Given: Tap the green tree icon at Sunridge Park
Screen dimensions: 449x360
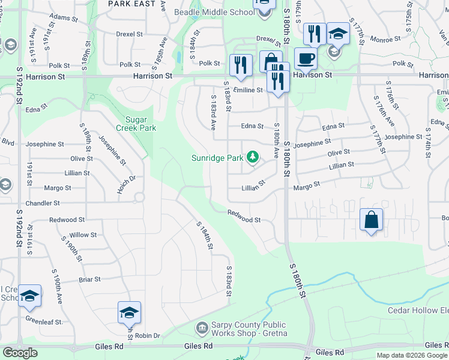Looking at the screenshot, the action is [x=253, y=157].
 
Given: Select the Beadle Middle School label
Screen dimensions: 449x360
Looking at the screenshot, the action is [x=214, y=12].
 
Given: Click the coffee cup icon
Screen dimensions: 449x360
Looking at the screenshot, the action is [x=306, y=59].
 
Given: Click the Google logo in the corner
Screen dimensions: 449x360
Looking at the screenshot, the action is [x=20, y=353].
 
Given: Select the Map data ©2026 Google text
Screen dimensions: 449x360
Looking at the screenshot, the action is [x=412, y=355].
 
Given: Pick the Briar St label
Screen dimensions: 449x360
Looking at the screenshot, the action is [x=89, y=280].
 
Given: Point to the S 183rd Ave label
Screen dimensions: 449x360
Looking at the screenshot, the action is [x=213, y=112].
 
